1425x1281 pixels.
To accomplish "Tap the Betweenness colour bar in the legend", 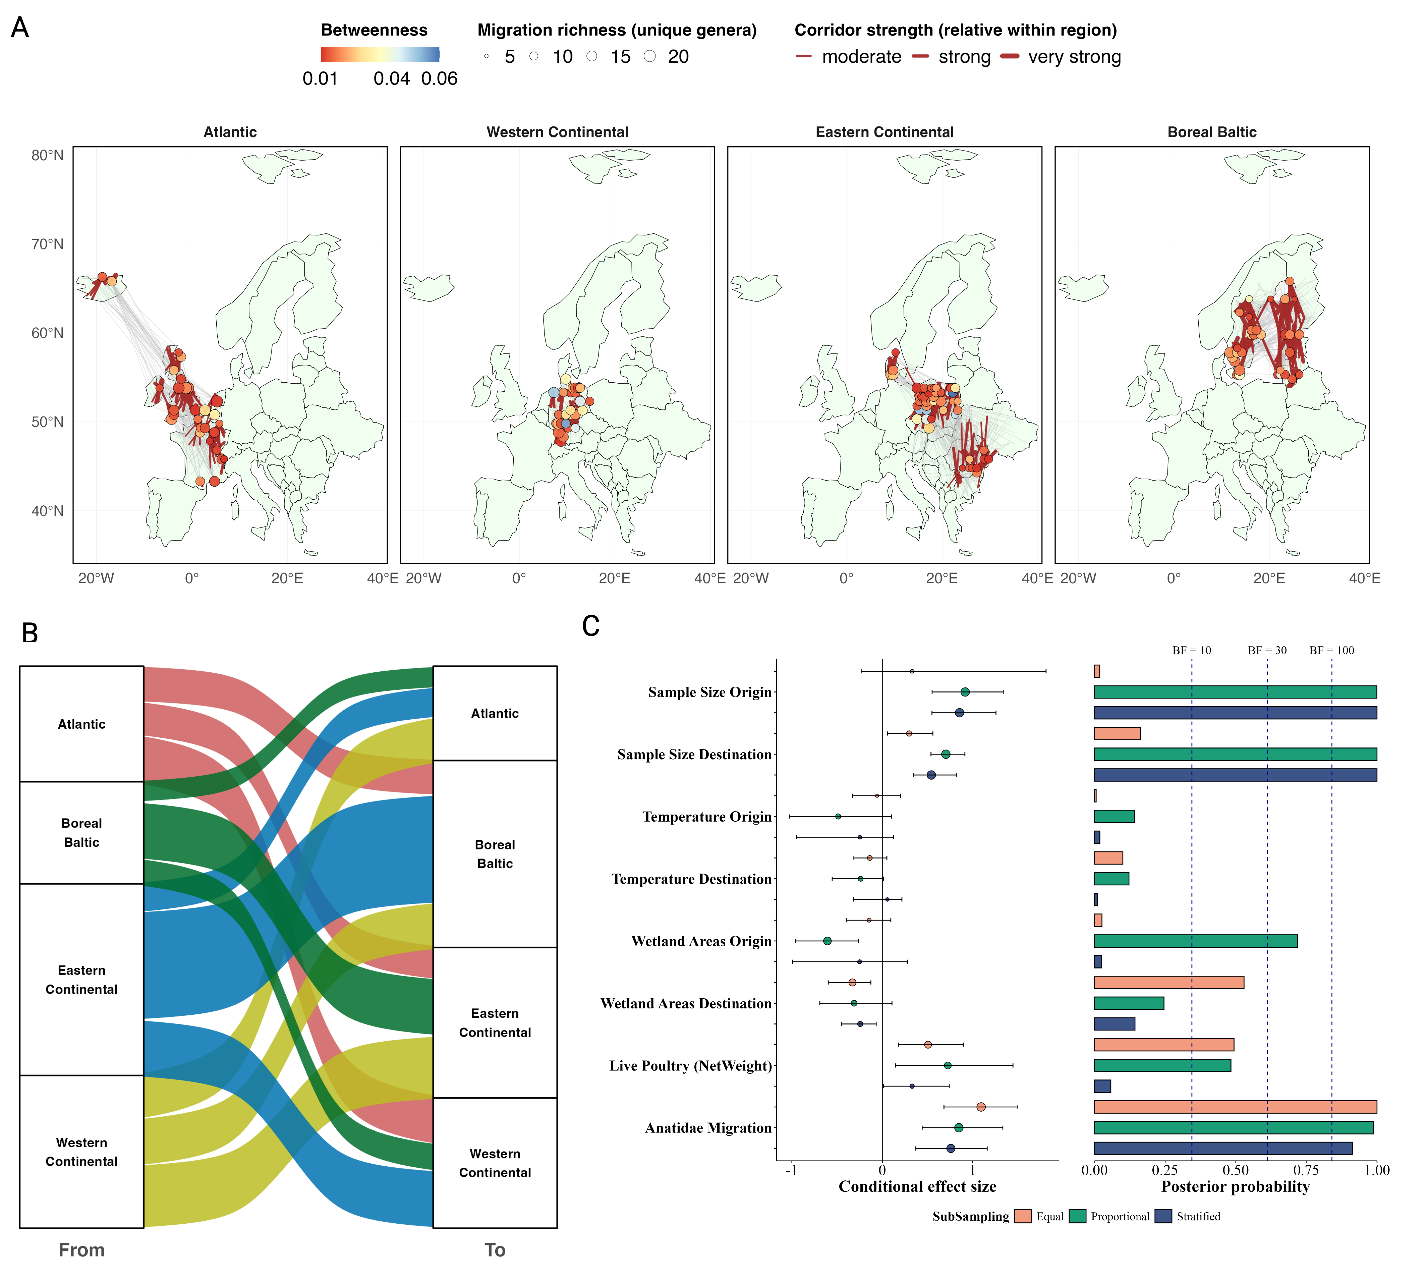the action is coord(380,54).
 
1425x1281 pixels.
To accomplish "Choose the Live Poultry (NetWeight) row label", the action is coord(690,1066).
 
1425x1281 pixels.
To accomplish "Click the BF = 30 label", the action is coord(1267,650).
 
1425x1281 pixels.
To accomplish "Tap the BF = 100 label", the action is coord(1331,650).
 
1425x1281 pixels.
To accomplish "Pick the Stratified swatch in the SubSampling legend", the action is coord(1163,1216).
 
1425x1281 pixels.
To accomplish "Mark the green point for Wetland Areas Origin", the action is coord(827,941).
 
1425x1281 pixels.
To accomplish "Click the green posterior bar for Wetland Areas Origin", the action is coord(1196,941).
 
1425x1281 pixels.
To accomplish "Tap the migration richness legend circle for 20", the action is coord(649,56).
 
